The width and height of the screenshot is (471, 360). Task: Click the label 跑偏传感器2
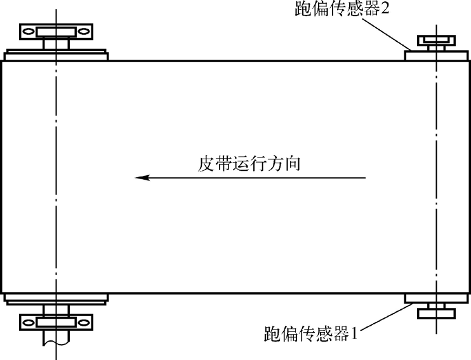346,11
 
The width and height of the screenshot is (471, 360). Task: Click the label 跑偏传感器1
310,333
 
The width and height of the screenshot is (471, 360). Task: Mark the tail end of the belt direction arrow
366,178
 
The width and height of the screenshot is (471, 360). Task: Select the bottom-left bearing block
56,321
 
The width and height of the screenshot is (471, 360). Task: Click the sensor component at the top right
436,43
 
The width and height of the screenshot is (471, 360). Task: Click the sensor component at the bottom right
436,310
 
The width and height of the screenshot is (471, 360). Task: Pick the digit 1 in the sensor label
355,333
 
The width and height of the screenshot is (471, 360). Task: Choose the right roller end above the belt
436,55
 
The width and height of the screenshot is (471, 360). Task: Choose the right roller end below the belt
436,298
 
